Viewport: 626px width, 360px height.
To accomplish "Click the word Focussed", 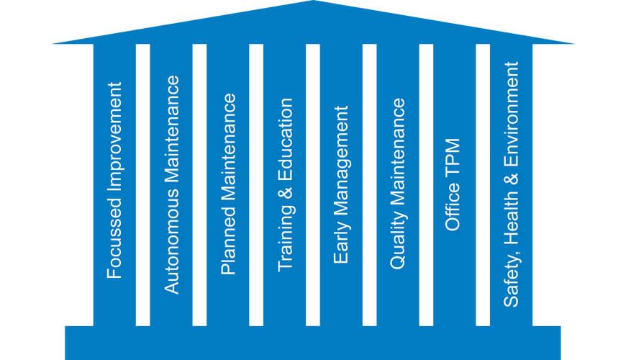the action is pyautogui.click(x=114, y=242).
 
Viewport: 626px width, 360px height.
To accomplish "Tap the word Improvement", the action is pyautogui.click(x=115, y=141).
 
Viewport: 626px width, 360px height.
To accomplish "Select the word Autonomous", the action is pyautogui.click(x=171, y=241).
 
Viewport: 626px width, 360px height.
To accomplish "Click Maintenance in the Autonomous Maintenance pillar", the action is pyautogui.click(x=171, y=130).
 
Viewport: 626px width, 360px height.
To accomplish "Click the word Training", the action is pyautogui.click(x=286, y=238).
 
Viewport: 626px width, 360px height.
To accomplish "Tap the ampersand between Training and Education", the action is pyautogui.click(x=286, y=194).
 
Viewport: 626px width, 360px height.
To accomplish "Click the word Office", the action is pyautogui.click(x=453, y=207).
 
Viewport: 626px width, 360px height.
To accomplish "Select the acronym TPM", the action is pyautogui.click(x=453, y=158).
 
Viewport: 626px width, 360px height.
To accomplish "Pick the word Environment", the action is pyautogui.click(x=511, y=115).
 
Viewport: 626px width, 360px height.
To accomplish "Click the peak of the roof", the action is pyautogui.click(x=314, y=1).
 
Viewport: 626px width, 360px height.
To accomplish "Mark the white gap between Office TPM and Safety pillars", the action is pyautogui.click(x=483, y=185).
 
